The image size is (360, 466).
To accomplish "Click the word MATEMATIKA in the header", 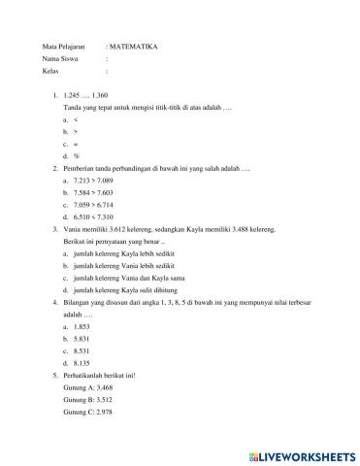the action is [135, 46].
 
